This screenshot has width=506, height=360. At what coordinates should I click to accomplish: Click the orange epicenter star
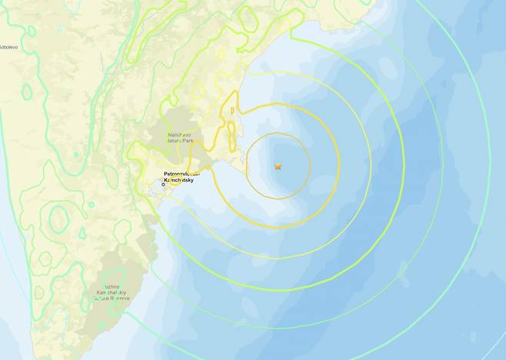point(278,166)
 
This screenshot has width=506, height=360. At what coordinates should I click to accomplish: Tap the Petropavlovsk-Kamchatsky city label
point(181,178)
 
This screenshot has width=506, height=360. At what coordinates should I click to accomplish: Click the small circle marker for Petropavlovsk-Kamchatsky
point(163,185)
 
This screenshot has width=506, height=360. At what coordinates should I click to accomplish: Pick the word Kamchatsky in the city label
point(182,182)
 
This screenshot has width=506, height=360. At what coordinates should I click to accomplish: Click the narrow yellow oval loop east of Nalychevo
point(231,123)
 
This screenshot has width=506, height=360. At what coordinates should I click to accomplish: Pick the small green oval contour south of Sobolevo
point(27,92)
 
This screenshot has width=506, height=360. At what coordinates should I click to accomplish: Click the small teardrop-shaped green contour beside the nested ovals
point(82,232)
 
